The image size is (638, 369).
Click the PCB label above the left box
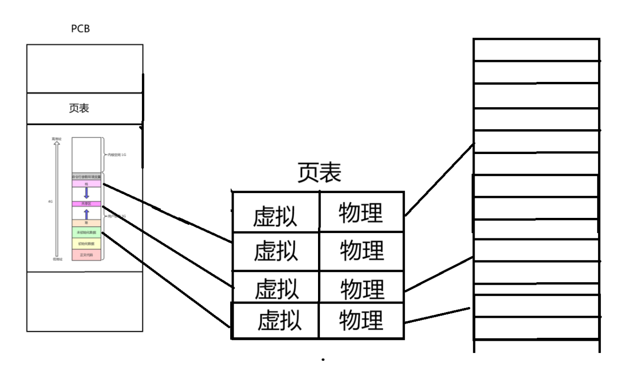tap(80, 29)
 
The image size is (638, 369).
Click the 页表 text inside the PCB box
tap(79, 108)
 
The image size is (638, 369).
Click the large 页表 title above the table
tap(319, 173)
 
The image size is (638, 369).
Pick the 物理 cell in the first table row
tap(361, 214)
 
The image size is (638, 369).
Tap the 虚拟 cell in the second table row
tap(275, 252)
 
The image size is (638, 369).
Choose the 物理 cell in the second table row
tap(361, 251)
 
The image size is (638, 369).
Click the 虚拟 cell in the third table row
tap(276, 288)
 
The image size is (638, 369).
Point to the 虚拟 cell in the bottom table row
tap(279, 320)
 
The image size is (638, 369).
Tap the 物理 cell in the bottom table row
tap(361, 320)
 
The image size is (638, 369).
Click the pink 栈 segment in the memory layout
tap(86, 184)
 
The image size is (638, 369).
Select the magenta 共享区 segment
tap(86, 203)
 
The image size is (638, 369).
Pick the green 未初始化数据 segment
tap(86, 233)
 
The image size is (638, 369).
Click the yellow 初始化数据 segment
tap(86, 243)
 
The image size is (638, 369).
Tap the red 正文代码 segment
tap(86, 255)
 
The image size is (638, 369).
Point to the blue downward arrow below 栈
tap(86, 193)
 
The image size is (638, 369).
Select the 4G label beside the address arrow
tap(50, 201)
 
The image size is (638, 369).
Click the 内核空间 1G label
tap(117, 154)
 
